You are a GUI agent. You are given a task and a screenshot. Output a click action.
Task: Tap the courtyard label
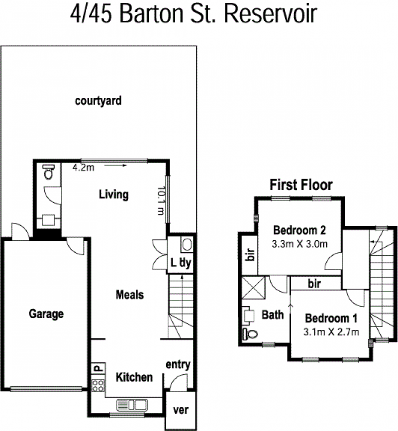(98, 101)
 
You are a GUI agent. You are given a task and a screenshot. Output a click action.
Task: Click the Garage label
(46, 314)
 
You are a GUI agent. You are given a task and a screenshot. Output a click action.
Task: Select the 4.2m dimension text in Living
(83, 167)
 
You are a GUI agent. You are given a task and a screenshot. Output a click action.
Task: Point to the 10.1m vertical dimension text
(161, 201)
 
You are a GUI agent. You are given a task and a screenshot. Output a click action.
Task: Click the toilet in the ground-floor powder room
(49, 172)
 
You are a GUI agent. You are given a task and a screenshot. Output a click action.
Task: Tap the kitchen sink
(132, 405)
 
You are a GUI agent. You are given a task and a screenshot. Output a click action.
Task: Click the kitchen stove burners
(98, 385)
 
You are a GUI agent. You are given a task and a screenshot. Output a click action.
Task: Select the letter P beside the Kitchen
(99, 368)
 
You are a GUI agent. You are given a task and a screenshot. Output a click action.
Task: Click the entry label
(178, 365)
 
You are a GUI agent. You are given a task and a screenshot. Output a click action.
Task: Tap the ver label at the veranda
(181, 410)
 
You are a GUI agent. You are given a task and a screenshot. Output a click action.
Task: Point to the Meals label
(130, 295)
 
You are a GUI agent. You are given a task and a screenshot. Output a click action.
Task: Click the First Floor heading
(301, 185)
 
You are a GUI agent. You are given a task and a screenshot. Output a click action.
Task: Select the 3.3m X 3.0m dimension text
(299, 244)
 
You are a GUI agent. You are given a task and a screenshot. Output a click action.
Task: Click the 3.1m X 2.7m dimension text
(331, 332)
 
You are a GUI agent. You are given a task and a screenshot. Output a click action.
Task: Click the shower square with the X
(253, 288)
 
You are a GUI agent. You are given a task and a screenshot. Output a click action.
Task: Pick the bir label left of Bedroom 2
(250, 254)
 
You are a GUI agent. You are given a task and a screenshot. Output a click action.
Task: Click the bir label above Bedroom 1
(314, 284)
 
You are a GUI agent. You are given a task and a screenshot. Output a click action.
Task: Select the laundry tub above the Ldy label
(187, 244)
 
